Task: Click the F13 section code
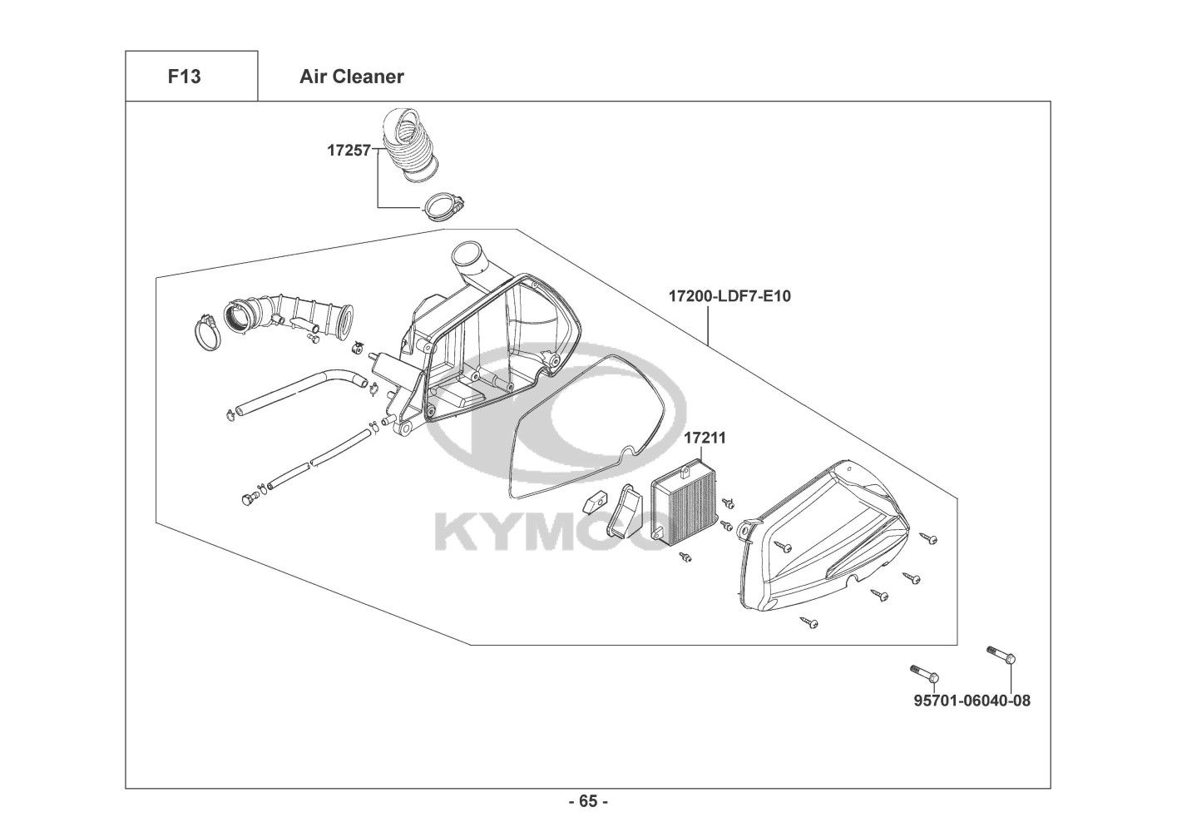[x=184, y=77]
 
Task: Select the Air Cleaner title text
[x=352, y=77]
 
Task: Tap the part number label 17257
[x=349, y=151]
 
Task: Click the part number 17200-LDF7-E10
[x=729, y=296]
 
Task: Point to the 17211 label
[x=705, y=438]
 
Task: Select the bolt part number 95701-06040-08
[x=972, y=701]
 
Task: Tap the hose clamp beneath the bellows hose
[x=444, y=206]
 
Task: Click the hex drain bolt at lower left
[x=249, y=498]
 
